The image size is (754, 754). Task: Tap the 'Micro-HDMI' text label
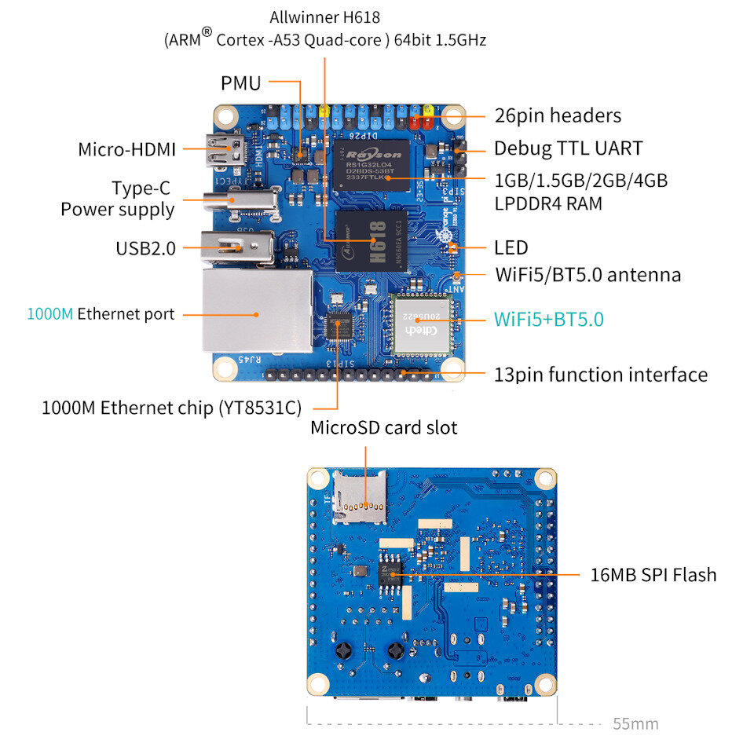click(126, 148)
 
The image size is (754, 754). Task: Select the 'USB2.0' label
click(145, 248)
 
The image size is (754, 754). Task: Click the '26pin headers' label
click(558, 115)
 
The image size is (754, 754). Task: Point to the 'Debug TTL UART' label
click(568, 148)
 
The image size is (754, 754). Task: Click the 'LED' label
click(511, 248)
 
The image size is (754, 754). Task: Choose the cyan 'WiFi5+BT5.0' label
click(548, 320)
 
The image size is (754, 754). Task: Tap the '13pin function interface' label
click(601, 375)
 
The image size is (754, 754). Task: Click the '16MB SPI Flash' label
click(653, 575)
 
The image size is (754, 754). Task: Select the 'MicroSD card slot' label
click(383, 428)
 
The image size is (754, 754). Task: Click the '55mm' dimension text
click(635, 724)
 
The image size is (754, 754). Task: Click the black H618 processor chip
click(372, 240)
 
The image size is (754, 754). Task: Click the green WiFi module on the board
click(418, 325)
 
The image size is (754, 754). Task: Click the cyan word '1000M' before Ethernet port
click(50, 314)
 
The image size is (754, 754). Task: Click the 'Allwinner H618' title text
click(324, 16)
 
